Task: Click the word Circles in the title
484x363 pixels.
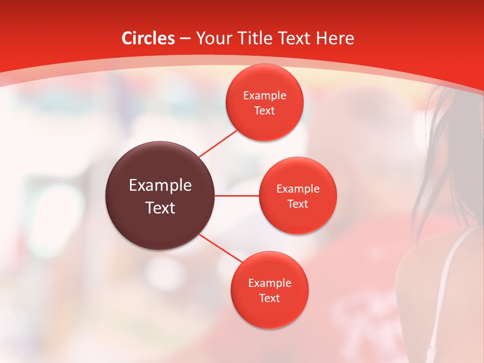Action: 148,38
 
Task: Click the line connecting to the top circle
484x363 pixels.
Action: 218,143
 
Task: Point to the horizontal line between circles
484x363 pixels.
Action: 237,196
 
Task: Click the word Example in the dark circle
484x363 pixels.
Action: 160,185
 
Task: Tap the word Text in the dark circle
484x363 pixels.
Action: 160,208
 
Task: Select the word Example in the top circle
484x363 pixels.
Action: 264,96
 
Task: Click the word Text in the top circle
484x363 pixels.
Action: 264,110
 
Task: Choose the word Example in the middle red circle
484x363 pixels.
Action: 298,189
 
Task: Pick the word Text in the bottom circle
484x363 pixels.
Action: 269,298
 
